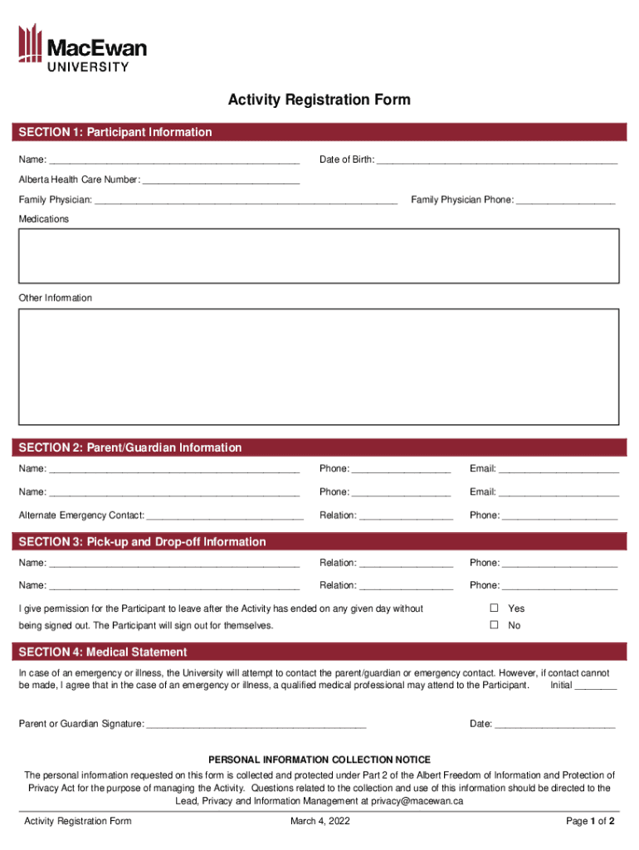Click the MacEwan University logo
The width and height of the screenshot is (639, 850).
point(82,47)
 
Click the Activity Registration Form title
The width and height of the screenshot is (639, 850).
point(319,100)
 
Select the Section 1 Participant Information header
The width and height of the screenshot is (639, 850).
point(115,132)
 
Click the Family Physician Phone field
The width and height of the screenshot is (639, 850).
point(565,200)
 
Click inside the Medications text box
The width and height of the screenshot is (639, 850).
point(319,256)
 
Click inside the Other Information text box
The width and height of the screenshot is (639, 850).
point(319,366)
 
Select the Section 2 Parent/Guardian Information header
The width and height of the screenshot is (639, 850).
point(130,447)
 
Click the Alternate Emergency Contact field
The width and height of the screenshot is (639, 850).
point(224,515)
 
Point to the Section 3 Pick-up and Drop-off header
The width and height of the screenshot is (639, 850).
point(143,542)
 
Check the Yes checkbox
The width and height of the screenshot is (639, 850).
point(494,608)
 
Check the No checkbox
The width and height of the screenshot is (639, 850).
point(494,625)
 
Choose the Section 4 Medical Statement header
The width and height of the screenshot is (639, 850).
point(103,652)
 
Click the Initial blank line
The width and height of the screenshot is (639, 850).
point(595,686)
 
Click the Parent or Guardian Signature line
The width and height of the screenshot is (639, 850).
point(256,724)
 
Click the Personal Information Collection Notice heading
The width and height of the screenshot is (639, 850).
point(319,760)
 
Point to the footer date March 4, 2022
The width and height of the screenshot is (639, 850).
point(319,822)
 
